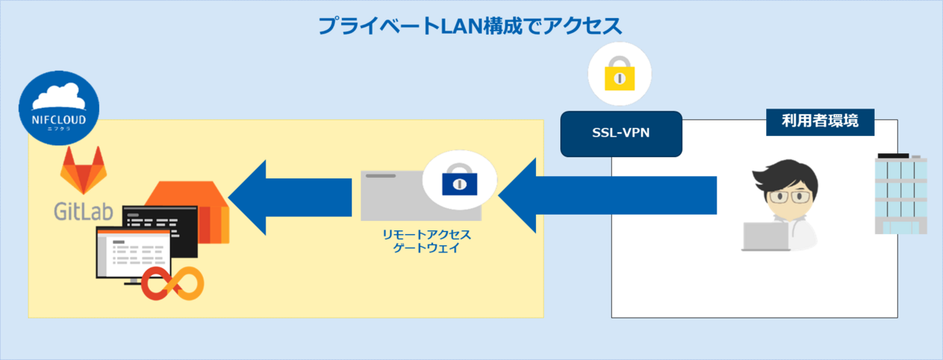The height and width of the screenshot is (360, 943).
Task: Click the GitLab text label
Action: [x=83, y=210]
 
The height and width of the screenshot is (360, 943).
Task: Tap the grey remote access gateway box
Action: [x=393, y=197]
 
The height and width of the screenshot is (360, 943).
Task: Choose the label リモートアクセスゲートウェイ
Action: [x=425, y=241]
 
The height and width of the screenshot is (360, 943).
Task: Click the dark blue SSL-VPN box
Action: [x=621, y=134]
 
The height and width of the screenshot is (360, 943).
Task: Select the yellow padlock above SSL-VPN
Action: [x=621, y=77]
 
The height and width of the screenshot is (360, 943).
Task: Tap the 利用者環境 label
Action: [x=820, y=122]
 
